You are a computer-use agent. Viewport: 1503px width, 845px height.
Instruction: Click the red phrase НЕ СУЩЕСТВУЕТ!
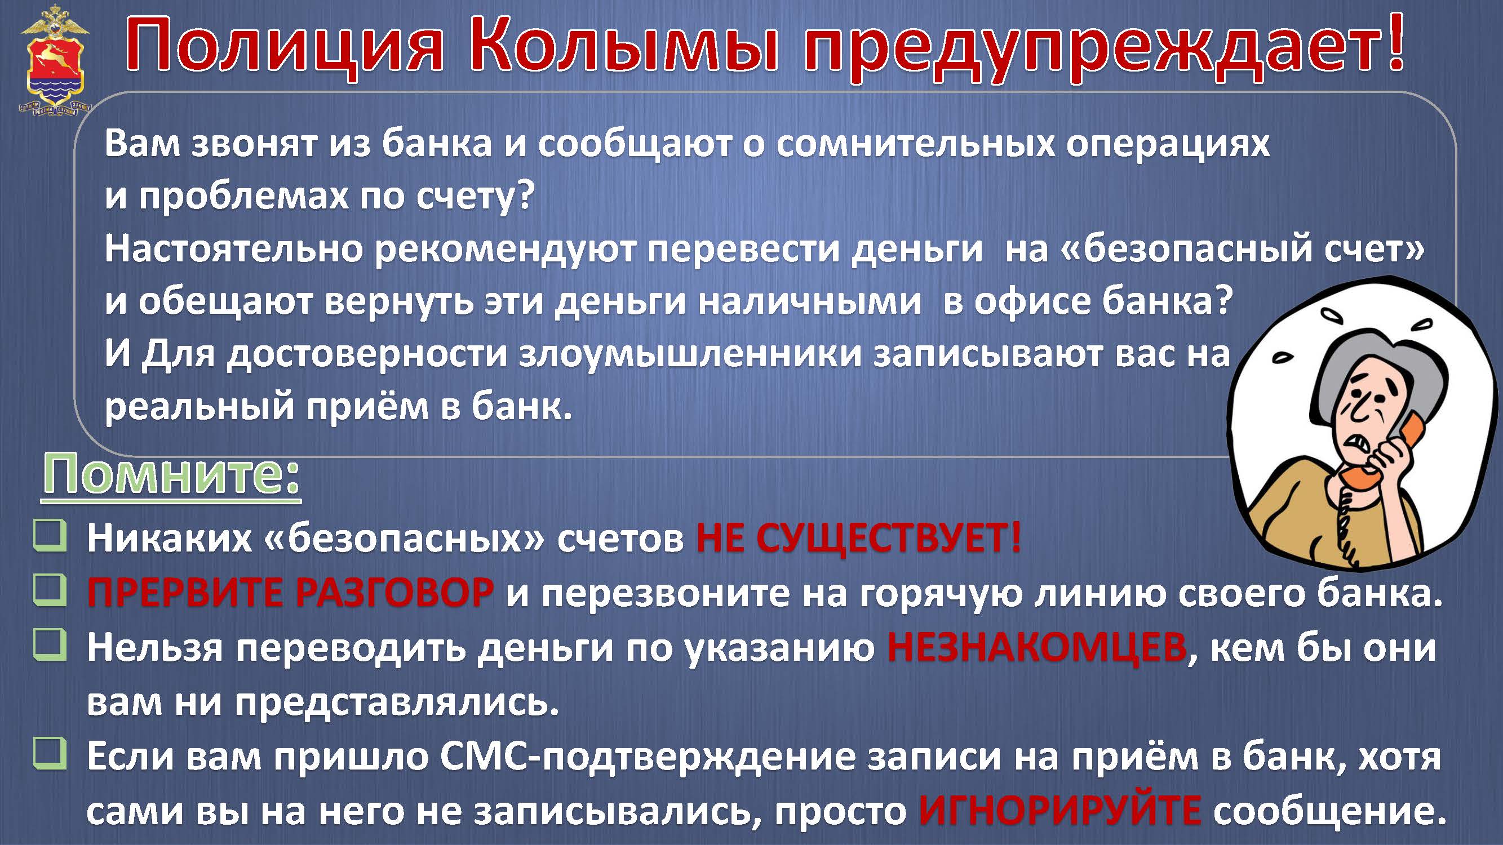858,537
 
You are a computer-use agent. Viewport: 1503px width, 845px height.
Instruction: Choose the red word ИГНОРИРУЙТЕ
1059,811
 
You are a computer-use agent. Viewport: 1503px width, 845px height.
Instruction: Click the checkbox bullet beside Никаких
50,535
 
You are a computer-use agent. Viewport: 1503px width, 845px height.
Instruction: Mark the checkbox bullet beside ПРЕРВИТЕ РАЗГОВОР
50,590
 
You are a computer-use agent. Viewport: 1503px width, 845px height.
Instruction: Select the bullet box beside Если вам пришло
50,754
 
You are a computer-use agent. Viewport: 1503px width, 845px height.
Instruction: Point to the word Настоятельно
233,249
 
